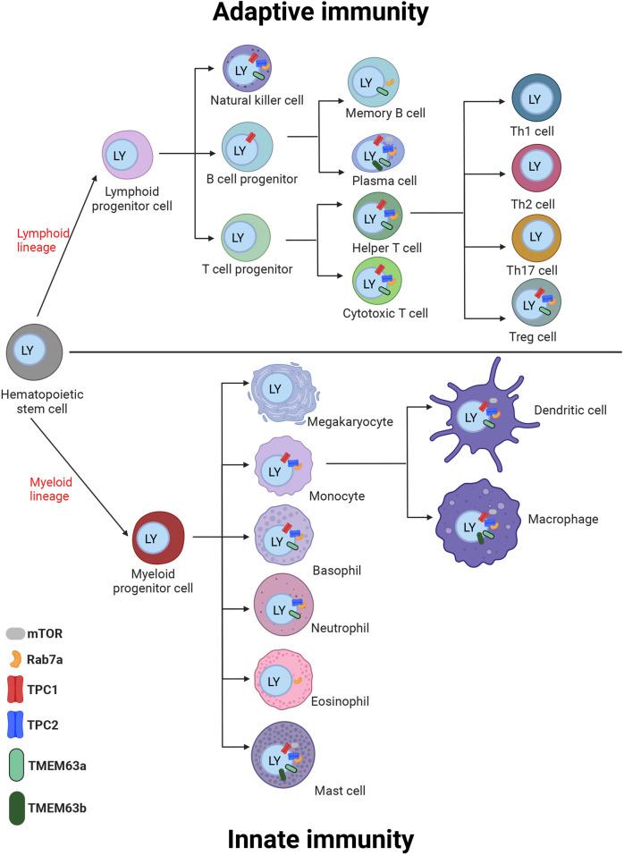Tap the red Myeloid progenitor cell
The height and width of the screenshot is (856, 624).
[x=158, y=538]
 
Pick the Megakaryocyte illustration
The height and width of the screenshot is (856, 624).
[x=282, y=390]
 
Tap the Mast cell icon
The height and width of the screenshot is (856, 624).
[x=282, y=753]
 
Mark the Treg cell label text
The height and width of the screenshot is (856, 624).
[x=535, y=338]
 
